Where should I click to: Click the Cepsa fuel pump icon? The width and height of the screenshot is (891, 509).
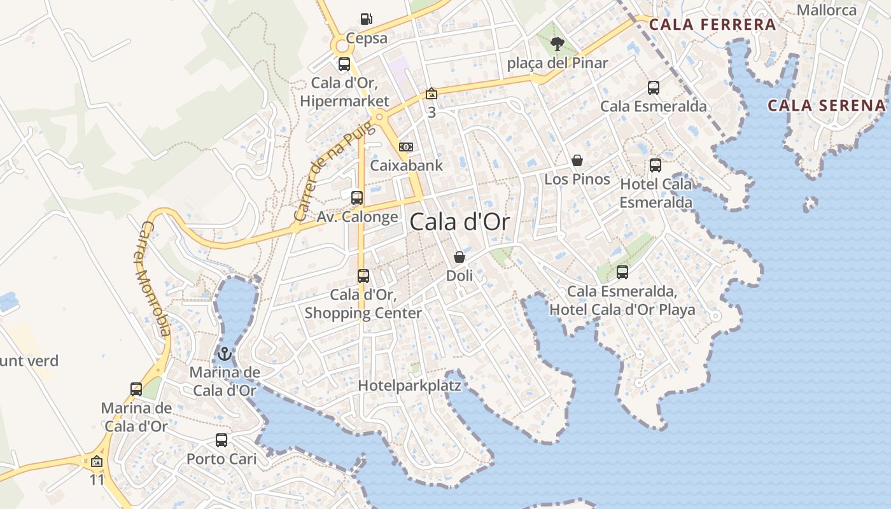click(x=366, y=19)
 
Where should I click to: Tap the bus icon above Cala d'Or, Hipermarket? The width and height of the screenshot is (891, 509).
click(x=344, y=64)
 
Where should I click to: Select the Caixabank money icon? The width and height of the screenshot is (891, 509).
click(x=406, y=147)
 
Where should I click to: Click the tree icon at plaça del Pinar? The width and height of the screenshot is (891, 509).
click(x=558, y=44)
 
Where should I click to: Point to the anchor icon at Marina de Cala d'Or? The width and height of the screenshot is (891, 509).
click(x=224, y=353)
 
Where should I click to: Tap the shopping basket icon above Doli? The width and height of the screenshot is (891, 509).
click(x=460, y=257)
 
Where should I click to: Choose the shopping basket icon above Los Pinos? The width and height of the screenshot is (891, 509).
click(x=577, y=160)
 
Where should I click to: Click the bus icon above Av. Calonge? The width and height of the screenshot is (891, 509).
click(x=357, y=198)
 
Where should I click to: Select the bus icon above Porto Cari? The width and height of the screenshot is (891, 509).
click(x=221, y=440)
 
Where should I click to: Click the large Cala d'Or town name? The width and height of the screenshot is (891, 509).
click(x=460, y=222)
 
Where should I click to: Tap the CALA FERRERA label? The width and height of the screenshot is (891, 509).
click(x=712, y=25)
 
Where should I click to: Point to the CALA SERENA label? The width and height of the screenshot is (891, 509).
click(x=826, y=106)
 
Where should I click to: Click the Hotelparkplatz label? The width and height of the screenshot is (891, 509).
click(x=409, y=386)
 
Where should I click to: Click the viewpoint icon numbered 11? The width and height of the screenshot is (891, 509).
click(x=97, y=461)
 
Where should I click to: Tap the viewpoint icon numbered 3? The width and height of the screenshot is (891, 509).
click(x=431, y=94)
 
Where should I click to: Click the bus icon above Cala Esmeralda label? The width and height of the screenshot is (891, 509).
click(x=654, y=88)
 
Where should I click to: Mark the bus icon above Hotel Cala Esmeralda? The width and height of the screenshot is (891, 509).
click(x=656, y=166)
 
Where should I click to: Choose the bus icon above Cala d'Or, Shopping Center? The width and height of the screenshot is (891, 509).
click(x=363, y=276)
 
